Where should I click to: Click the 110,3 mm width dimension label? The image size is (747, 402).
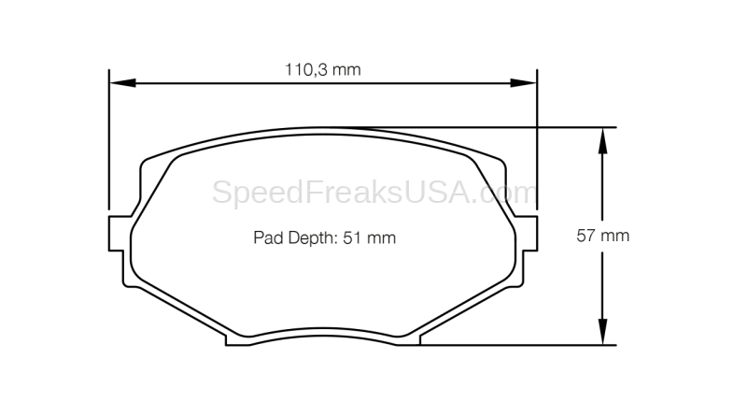322,69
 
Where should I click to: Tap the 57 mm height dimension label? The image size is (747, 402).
602,236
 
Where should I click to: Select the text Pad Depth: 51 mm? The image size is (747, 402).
324,237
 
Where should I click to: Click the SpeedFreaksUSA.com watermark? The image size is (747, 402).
374,193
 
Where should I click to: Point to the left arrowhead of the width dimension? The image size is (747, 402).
122,83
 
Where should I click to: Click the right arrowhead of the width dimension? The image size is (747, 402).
524,83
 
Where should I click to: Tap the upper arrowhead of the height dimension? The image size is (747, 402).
602,140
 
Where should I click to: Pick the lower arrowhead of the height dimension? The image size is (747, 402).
602,332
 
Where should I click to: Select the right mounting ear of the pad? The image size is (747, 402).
527,233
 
